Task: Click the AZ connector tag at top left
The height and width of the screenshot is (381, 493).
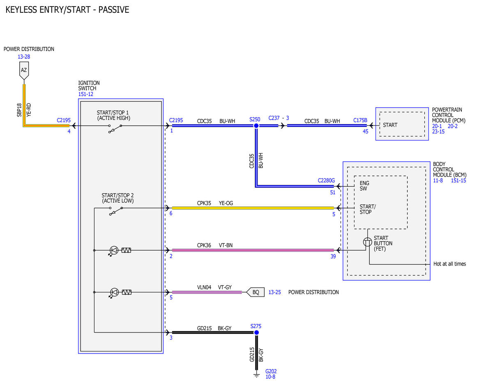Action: [x=24, y=70]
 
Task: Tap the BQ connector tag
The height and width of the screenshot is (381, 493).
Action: [x=255, y=292]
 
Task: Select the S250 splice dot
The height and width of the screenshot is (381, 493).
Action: [x=256, y=126]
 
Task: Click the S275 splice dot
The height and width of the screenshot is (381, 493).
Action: [x=256, y=333]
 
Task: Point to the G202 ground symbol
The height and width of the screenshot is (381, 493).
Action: [x=257, y=375]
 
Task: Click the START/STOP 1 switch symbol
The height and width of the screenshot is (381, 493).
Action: [x=115, y=129]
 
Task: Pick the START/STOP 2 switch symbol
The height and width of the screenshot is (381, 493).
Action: [x=116, y=211]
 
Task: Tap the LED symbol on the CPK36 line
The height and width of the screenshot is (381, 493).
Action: [x=114, y=251]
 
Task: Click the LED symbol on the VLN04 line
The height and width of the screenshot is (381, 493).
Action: [x=114, y=293]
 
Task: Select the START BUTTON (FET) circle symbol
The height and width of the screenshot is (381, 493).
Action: [x=367, y=242]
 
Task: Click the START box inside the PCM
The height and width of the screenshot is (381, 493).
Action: [x=402, y=124]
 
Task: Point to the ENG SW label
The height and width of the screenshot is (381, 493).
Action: [x=364, y=186]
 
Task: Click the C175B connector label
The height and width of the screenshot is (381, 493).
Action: [x=360, y=120]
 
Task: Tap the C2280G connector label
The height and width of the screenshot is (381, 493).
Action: [x=326, y=180]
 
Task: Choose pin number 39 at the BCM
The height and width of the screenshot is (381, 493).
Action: [x=333, y=256]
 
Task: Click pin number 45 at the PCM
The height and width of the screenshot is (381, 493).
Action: [x=365, y=132]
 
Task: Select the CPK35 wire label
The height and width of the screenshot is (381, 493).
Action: [x=204, y=203]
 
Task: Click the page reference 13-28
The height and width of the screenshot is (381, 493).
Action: [x=24, y=57]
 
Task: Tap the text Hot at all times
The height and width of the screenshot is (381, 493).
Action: [x=449, y=264]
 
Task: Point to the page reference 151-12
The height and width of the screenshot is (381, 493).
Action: [x=86, y=94]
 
